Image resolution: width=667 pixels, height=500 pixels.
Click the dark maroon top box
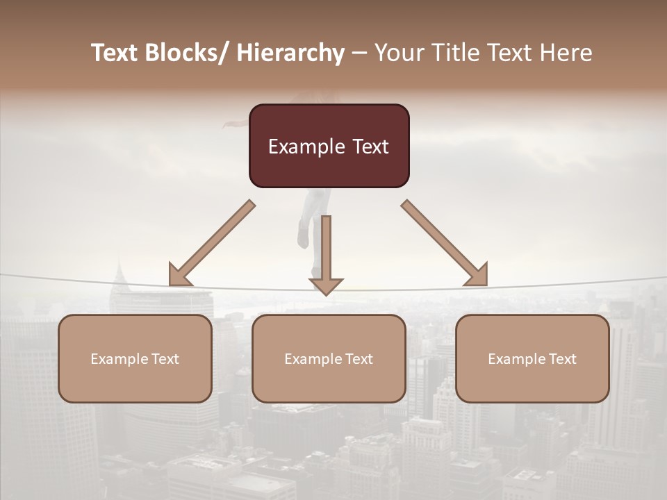[x=329, y=146]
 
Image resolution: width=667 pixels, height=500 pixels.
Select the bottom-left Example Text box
[x=135, y=358]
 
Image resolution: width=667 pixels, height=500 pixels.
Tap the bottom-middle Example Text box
[x=329, y=358]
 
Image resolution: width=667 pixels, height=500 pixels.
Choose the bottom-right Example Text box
[x=532, y=358]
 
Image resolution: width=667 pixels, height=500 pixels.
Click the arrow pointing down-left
[x=211, y=244]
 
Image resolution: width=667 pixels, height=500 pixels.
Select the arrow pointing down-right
[x=445, y=244]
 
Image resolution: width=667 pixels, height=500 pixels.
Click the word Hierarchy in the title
[x=290, y=53]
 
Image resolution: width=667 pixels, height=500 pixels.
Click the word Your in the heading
[x=400, y=53]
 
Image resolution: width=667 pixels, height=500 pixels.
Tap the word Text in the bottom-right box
[x=562, y=358]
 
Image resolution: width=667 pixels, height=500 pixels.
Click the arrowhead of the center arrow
[x=326, y=285]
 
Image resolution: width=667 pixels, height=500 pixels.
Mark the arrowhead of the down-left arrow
[x=179, y=276]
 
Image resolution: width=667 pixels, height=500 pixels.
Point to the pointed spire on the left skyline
[x=119, y=267]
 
